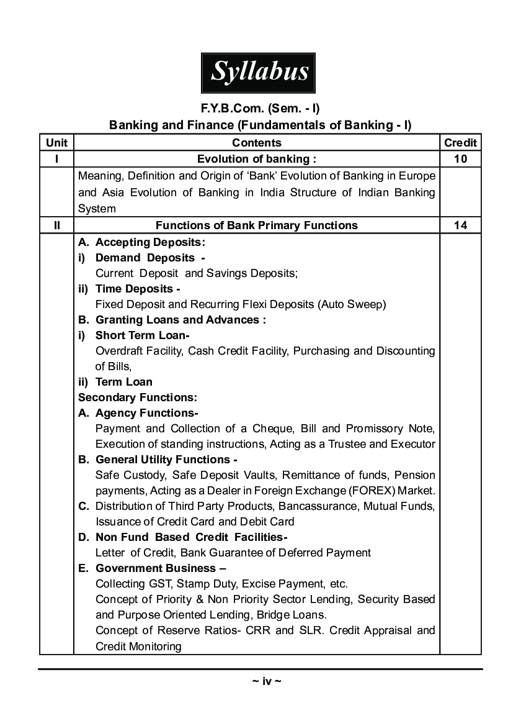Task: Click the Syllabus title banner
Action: (259, 73)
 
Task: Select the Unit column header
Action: (56, 143)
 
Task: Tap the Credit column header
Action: (460, 143)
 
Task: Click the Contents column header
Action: (257, 143)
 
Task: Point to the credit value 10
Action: (460, 159)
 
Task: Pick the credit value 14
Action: (460, 225)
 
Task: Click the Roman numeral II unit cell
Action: (56, 225)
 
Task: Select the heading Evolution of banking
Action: (257, 159)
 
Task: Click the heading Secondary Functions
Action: (138, 397)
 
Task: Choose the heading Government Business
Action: (160, 568)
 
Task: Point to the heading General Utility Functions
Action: (166, 460)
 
